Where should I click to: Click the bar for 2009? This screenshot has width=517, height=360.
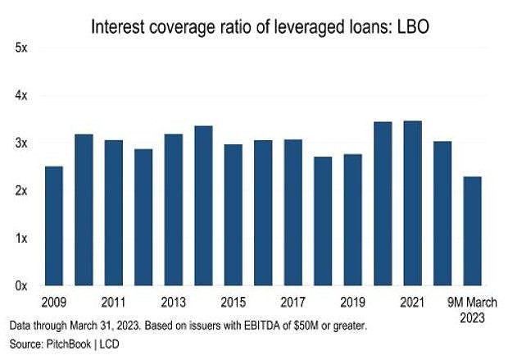[54, 226]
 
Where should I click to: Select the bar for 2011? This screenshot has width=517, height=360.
[114, 212]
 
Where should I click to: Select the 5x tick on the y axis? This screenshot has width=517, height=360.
[22, 48]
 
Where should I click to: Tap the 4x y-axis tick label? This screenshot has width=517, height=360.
[22, 95]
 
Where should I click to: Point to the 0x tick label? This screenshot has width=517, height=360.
[22, 285]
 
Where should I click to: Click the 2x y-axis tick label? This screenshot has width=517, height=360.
[22, 190]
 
